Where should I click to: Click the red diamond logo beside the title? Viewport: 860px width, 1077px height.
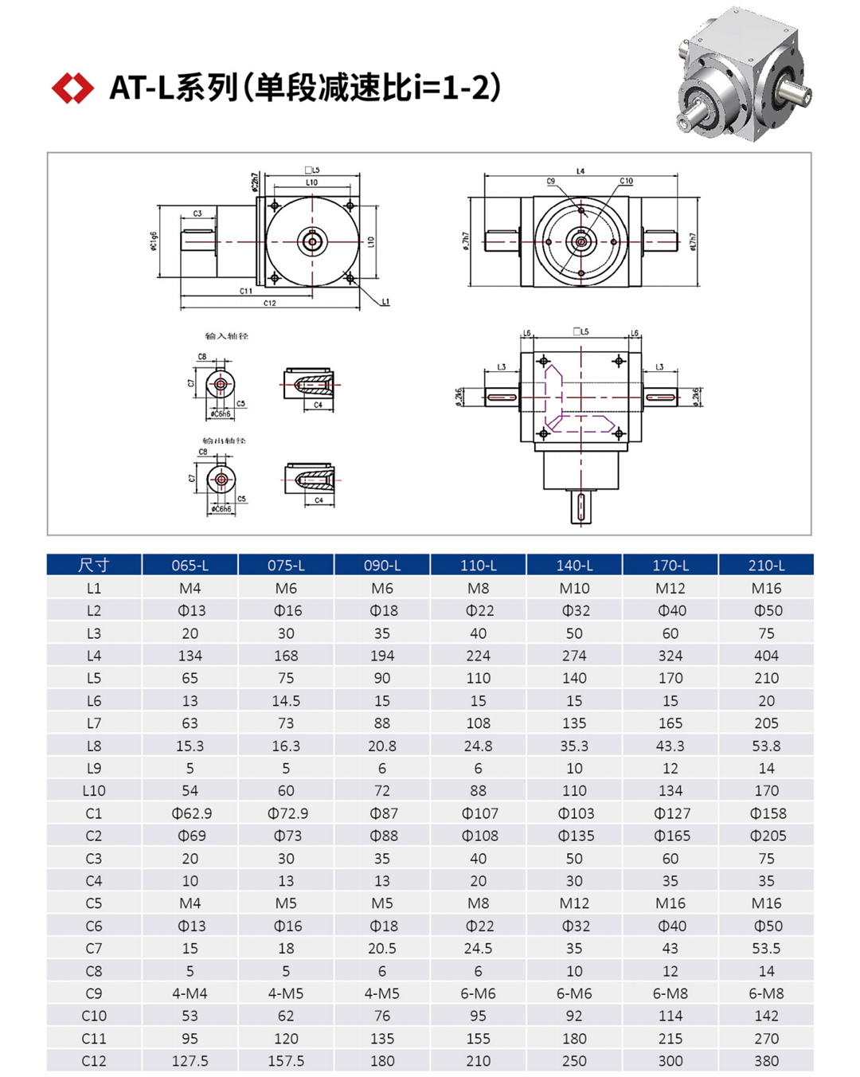(x=72, y=88)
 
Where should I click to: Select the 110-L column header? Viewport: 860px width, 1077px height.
(x=478, y=566)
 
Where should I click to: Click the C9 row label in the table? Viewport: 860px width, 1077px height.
(x=94, y=993)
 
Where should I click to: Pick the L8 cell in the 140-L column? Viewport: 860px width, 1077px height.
(x=574, y=746)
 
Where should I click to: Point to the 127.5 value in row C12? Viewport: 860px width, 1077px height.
(x=190, y=1061)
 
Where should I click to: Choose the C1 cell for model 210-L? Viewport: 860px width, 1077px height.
(x=766, y=813)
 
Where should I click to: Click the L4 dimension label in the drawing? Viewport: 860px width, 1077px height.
(x=580, y=171)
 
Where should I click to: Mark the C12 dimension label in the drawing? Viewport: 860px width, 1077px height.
(x=269, y=304)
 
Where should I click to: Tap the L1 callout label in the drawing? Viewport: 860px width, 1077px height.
(x=385, y=302)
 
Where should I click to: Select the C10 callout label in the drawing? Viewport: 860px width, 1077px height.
(x=627, y=182)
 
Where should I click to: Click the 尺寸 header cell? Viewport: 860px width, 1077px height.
(x=94, y=566)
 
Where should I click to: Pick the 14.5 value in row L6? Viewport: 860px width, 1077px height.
(x=286, y=701)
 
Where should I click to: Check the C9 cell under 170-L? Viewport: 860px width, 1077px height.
(x=670, y=993)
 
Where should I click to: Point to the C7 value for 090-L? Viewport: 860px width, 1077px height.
(x=382, y=949)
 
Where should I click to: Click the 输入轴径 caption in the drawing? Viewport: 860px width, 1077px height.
(x=227, y=336)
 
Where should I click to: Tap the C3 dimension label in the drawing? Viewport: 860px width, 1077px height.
(x=197, y=213)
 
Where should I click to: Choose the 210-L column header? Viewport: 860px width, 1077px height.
(x=766, y=566)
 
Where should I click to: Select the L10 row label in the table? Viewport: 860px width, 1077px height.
(x=94, y=791)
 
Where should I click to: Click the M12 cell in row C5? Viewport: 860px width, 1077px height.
(x=574, y=903)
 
